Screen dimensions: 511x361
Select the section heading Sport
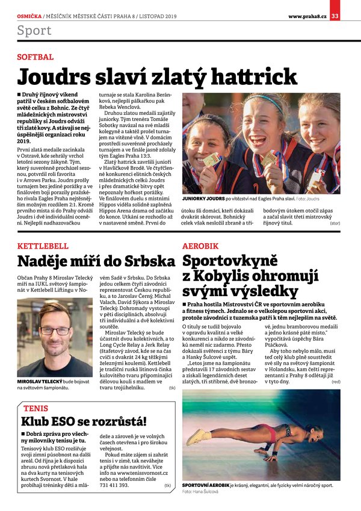click(34, 30)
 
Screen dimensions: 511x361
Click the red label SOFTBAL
click(35, 58)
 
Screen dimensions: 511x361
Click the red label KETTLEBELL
click(43, 247)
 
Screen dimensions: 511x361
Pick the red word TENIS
click(36, 408)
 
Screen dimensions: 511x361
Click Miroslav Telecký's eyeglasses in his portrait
click(54, 330)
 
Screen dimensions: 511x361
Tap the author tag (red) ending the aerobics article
click(336, 382)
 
